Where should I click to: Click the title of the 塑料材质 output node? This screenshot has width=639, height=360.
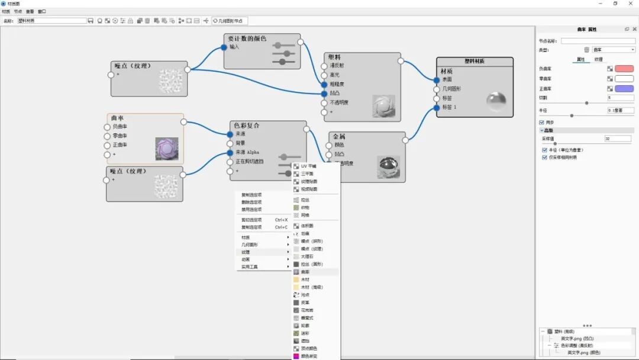[475, 61]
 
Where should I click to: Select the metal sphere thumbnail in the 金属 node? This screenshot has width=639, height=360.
[388, 166]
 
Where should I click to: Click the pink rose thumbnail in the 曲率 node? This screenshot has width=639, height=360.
[166, 149]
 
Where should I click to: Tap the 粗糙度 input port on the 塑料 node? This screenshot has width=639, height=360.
[324, 84]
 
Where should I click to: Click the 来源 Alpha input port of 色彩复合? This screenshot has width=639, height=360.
[230, 152]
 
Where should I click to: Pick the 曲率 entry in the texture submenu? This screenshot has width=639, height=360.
[305, 272]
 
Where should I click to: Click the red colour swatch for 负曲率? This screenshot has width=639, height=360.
[624, 69]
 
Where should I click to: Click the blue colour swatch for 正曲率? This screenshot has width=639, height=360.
[624, 88]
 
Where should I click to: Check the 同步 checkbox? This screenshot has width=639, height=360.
[542, 123]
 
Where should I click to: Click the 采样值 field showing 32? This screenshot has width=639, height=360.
[619, 139]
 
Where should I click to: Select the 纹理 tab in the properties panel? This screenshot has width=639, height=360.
[598, 59]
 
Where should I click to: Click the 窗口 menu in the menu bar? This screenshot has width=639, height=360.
[41, 11]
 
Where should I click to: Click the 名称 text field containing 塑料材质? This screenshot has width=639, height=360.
[52, 21]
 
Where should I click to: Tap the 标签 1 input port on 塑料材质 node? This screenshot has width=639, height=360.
[437, 107]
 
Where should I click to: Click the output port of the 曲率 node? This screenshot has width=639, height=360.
[184, 122]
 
